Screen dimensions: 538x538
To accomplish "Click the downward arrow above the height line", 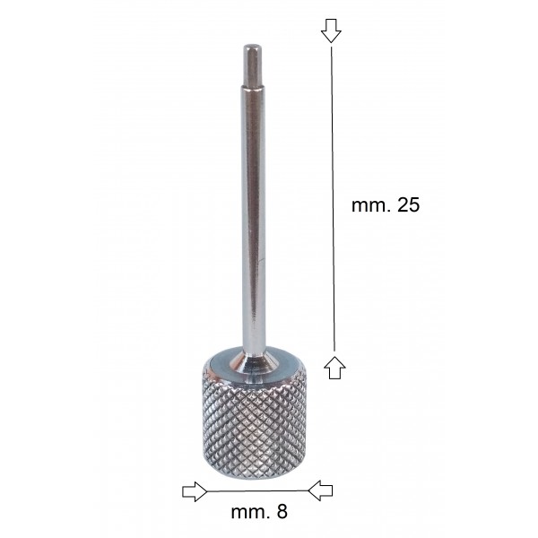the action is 331,30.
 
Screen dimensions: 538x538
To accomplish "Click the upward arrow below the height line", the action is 334,367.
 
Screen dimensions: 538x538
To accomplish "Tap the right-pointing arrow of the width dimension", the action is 195,491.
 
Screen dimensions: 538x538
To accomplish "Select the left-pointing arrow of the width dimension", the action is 320,490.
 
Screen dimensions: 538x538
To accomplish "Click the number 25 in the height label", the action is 408,204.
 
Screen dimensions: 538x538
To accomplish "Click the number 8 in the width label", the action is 282,512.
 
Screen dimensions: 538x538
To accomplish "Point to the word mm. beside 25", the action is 371,206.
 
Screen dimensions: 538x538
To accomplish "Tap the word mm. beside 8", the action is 251,513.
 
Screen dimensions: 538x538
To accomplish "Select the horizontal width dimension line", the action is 257,491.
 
